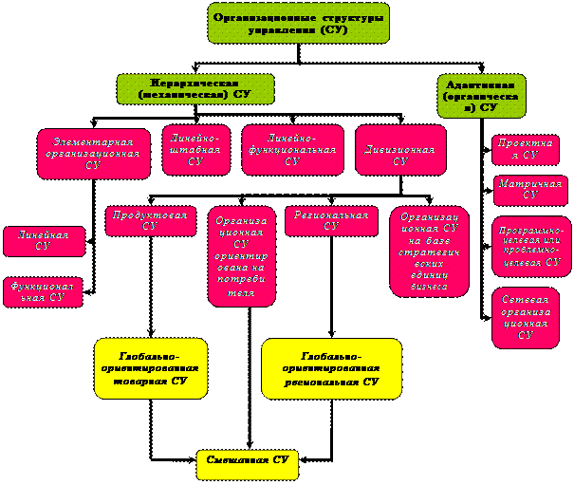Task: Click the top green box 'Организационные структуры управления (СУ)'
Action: pyautogui.click(x=286, y=23)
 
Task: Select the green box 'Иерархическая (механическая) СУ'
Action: pyautogui.click(x=194, y=88)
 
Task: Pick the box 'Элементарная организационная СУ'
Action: pyautogui.click(x=93, y=153)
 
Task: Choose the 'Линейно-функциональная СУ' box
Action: pyautogui.click(x=292, y=149)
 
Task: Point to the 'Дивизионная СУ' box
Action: pyautogui.click(x=400, y=150)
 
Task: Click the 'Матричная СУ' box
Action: pyautogui.click(x=529, y=189)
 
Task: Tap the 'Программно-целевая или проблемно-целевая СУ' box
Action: pyautogui.click(x=530, y=244)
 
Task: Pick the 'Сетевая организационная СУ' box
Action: pyautogui.click(x=526, y=318)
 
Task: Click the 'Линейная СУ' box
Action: pyautogui.click(x=44, y=241)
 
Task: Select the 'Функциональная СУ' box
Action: pyautogui.click(x=43, y=291)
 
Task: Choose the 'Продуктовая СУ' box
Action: pyautogui.click(x=150, y=220)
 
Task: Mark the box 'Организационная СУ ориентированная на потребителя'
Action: pyautogui.click(x=241, y=256)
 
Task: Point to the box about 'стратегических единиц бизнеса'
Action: pyautogui.click(x=429, y=251)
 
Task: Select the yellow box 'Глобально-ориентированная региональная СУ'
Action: pyautogui.click(x=331, y=368)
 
